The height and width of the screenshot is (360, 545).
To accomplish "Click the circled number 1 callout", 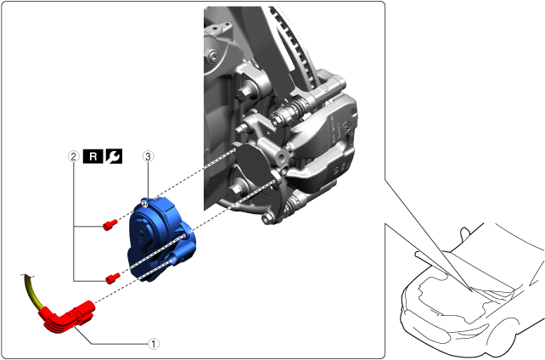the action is (154, 344).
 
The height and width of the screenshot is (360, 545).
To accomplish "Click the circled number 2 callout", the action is (73, 157).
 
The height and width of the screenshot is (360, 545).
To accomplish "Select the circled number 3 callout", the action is (149, 157).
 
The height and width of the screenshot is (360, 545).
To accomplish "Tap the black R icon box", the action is (93, 157).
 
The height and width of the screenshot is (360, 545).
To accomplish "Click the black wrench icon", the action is (114, 157).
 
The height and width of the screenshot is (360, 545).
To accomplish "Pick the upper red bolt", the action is (110, 225).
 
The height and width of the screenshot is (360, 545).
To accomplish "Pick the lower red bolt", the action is (113, 278).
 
